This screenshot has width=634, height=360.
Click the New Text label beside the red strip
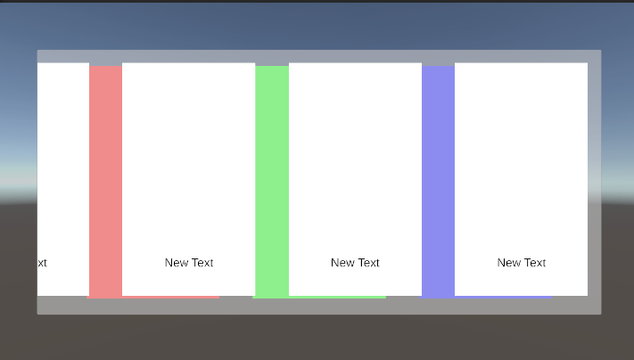coord(189,263)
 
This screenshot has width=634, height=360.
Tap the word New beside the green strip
coord(342,263)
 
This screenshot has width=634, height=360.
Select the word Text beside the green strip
coord(367,263)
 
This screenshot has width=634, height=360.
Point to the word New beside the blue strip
coord(508,263)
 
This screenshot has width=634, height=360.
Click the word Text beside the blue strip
coord(534,263)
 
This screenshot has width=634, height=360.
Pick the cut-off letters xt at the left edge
coord(42,263)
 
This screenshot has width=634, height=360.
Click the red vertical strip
coord(105,178)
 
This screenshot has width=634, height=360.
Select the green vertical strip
coord(271,178)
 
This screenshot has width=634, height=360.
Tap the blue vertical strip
coord(438,178)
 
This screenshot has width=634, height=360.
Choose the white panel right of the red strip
coord(188,160)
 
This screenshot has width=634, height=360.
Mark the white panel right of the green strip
coord(355,160)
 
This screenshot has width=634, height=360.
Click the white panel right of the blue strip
coord(521,160)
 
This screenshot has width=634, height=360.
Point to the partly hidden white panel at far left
coord(62,160)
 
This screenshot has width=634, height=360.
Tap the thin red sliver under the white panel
coord(178,297)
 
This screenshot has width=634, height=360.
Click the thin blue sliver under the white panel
coord(508,297)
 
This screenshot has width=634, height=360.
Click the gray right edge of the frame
coord(595,178)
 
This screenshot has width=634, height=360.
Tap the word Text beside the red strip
coord(202,263)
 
